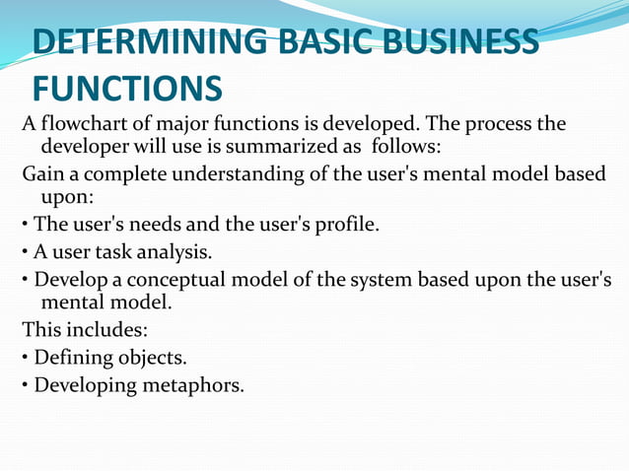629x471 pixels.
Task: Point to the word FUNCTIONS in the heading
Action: click(126, 90)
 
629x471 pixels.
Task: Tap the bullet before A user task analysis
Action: click(27, 253)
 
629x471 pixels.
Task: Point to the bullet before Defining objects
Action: click(27, 357)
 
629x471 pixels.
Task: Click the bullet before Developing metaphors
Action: click(27, 384)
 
